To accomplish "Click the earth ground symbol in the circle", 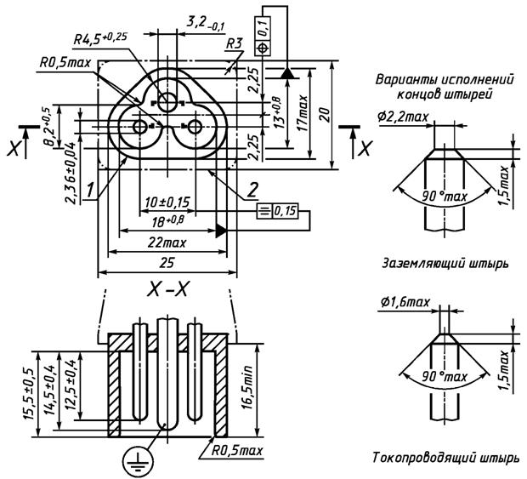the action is point(138,461).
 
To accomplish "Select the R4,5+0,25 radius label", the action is point(100,38).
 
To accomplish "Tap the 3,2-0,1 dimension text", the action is point(206,23).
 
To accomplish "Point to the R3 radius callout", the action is point(234,43).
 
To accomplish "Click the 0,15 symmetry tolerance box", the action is point(277,211).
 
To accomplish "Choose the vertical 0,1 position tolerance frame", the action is point(263,36).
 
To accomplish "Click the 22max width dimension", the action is point(167,242).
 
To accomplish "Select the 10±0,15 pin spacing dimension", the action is point(167,202).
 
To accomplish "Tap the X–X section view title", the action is point(167,290).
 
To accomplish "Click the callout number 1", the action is point(90,190).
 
